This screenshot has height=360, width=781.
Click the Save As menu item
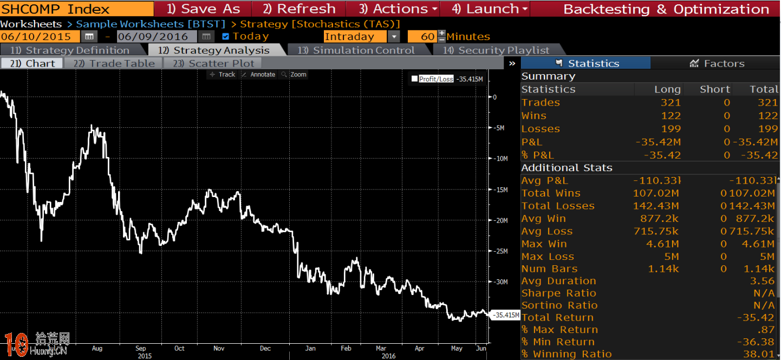[x=203, y=9]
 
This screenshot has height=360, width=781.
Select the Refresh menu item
[x=298, y=9]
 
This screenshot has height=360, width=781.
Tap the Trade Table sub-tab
[x=114, y=63]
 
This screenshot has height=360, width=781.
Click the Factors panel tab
[x=717, y=63]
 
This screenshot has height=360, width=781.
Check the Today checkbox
[x=226, y=37]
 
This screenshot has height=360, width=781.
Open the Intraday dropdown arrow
[x=394, y=37]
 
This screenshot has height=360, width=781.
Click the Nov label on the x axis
[x=219, y=349]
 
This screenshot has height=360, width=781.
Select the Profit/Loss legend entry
[x=432, y=79]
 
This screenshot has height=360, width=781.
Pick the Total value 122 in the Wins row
[x=767, y=116]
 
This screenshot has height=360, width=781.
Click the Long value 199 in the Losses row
[x=671, y=129]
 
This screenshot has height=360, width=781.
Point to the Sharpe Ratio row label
[x=558, y=293]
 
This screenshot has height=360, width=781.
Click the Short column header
[x=714, y=89]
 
